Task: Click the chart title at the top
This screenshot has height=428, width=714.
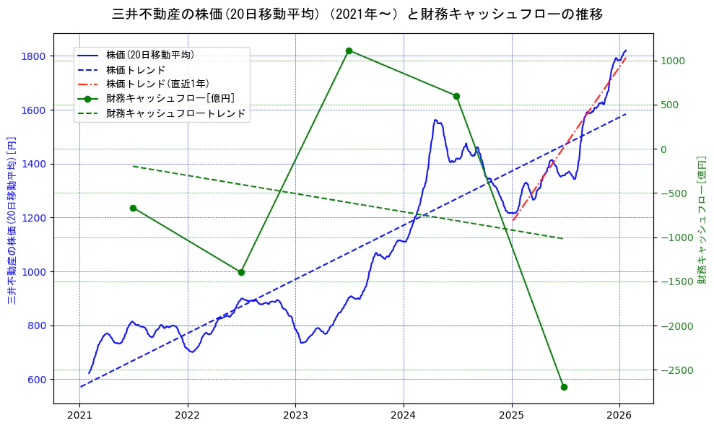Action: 357,14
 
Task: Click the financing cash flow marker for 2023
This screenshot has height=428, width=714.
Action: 349,51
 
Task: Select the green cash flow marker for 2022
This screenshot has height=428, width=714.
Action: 241,272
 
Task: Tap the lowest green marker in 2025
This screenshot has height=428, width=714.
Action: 564,387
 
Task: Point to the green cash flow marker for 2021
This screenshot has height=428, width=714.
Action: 134,208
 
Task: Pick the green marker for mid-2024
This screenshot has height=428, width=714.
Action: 456,96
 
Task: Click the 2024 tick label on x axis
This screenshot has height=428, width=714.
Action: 404,416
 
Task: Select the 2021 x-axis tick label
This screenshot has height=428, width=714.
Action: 79,416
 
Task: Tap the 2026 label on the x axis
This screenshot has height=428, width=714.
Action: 619,416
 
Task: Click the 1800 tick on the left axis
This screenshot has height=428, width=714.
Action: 34,56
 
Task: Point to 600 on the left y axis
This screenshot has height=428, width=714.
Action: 37,380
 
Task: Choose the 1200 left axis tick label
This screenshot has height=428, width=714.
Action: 34,218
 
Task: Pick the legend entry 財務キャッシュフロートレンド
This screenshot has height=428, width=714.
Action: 175,113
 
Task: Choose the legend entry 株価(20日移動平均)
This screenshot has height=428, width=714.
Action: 149,54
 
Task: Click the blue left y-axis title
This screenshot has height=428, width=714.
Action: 12,220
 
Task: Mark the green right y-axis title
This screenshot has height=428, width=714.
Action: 701,220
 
